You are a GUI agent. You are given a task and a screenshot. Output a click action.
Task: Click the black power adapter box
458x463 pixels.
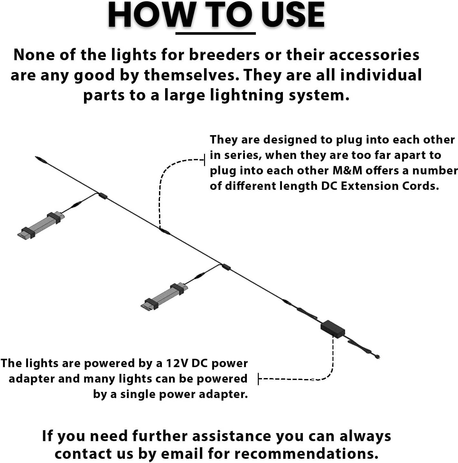click(x=332, y=329)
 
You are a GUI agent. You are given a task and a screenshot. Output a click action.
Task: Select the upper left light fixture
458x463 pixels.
click(x=41, y=225)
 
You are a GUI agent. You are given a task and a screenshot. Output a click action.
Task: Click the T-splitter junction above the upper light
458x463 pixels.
click(x=103, y=196)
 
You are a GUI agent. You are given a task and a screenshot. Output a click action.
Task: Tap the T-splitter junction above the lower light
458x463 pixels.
click(x=226, y=267)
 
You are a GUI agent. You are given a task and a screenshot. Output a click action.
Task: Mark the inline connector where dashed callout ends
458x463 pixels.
click(x=165, y=231)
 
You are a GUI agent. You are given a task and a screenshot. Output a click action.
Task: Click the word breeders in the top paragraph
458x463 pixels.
click(x=224, y=55)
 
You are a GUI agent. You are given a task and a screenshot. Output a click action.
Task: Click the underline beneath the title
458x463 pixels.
click(x=215, y=33)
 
